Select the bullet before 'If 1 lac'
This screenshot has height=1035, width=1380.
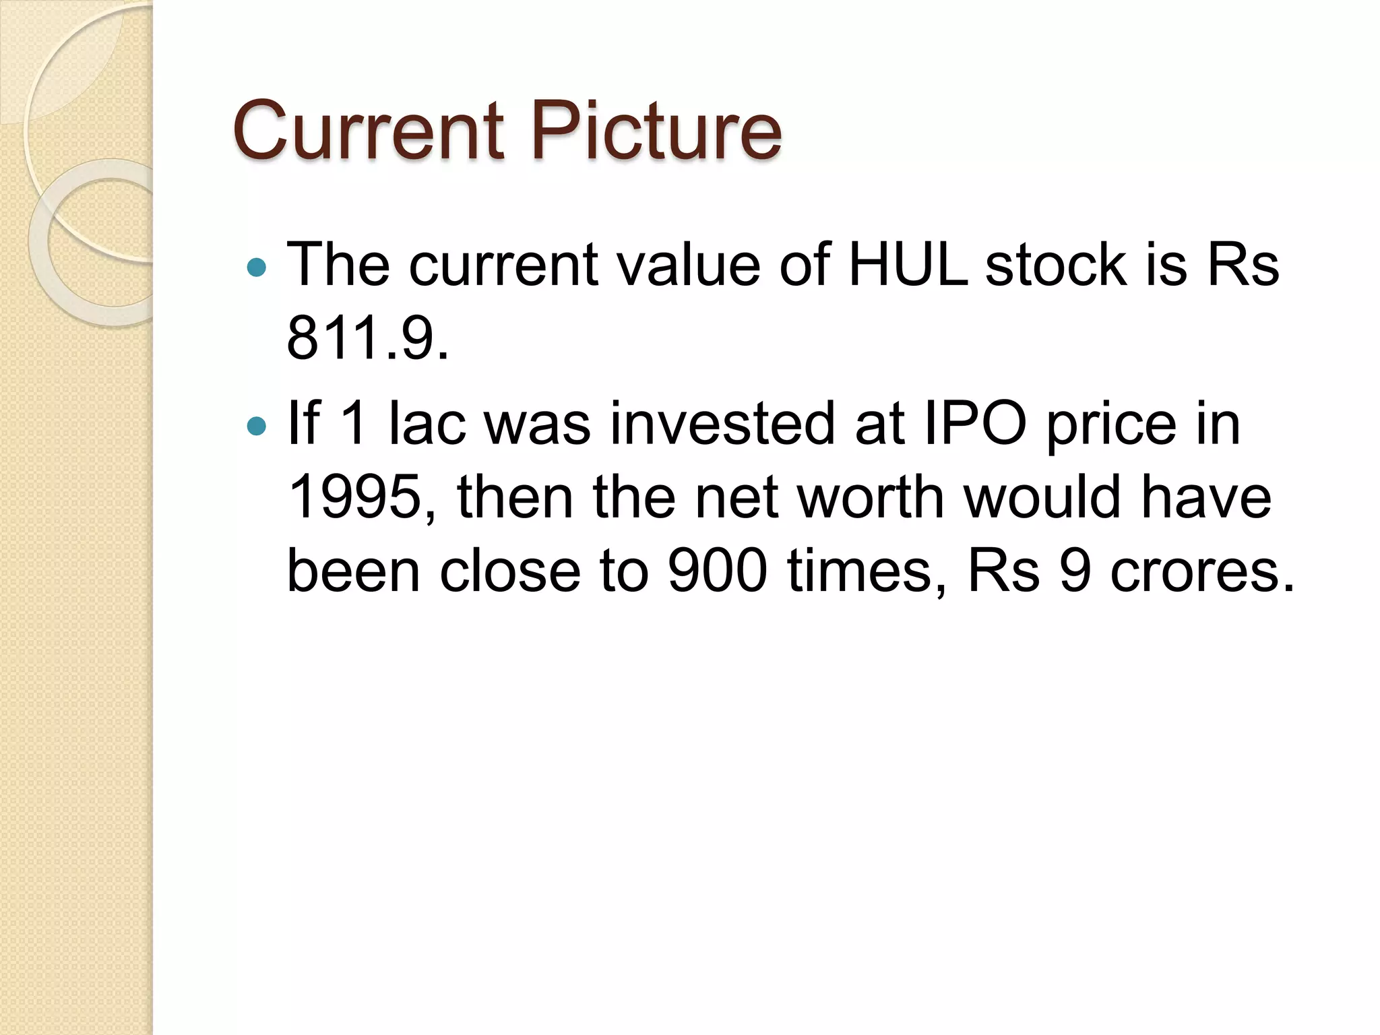(x=257, y=426)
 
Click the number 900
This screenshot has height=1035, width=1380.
(x=717, y=571)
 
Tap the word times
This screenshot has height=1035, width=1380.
(x=869, y=571)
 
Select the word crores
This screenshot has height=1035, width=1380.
(x=1202, y=571)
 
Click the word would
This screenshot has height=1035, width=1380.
(x=1042, y=497)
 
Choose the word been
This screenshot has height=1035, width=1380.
(x=353, y=571)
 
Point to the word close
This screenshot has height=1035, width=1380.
(x=510, y=571)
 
